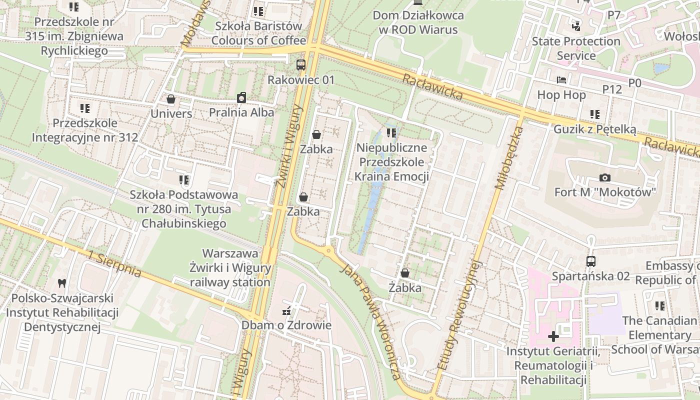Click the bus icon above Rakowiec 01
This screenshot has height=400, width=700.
click(300, 64)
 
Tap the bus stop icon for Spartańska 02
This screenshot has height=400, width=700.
click(590, 261)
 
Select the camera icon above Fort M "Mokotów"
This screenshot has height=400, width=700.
click(604, 177)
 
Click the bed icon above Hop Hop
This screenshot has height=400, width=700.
click(561, 80)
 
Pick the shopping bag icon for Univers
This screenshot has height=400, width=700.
click(171, 99)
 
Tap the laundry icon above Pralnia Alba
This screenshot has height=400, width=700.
click(241, 97)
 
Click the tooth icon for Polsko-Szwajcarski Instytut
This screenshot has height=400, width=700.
click(62, 283)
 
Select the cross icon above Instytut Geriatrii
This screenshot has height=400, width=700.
click(553, 336)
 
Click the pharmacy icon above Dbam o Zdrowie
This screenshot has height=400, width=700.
click(286, 311)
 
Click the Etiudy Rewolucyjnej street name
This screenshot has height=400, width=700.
click(459, 315)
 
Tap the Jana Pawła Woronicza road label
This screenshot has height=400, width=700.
click(370, 322)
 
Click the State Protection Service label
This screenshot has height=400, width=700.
click(576, 48)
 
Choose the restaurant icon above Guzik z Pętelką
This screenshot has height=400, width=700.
click(594, 114)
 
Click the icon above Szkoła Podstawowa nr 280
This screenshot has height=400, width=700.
click(183, 179)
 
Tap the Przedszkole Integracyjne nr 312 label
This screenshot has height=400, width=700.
click(85, 130)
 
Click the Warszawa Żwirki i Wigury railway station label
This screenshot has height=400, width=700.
click(230, 268)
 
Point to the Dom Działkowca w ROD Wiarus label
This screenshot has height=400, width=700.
click(418, 22)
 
